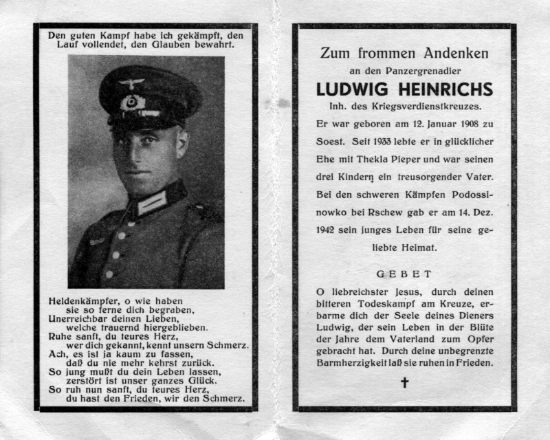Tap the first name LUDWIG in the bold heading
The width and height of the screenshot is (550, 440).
pos(347,90)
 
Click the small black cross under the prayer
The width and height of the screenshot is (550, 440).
pos(405,382)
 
